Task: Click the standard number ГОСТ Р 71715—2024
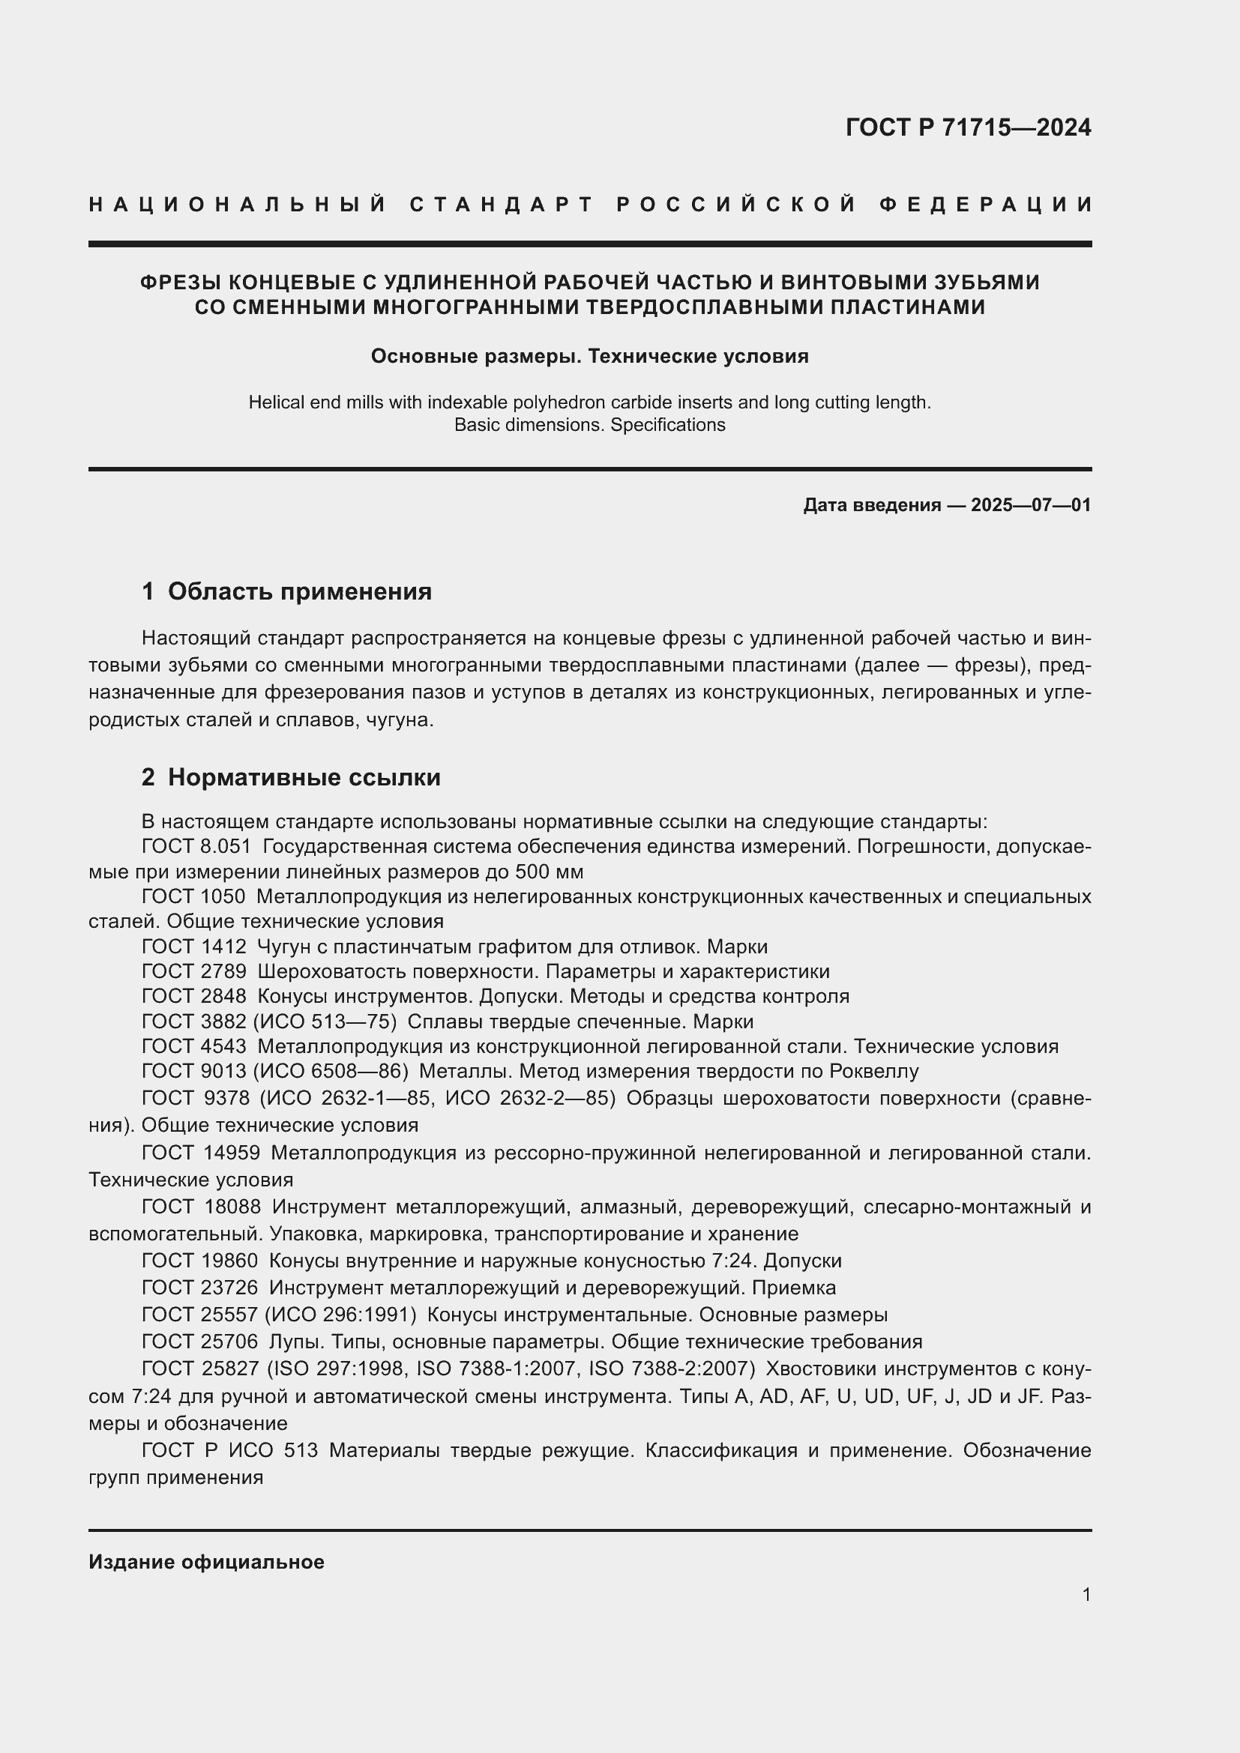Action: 967,127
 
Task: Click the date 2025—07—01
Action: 1030,504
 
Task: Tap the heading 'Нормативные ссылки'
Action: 304,777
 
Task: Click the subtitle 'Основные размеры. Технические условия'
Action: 589,357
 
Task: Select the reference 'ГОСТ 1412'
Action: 194,947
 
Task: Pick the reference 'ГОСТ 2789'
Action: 194,972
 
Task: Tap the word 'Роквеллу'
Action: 873,1071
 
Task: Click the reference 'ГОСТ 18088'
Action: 202,1207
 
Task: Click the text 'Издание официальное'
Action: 206,1561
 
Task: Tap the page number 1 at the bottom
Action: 1086,1594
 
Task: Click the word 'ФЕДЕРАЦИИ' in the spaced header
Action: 986,205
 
